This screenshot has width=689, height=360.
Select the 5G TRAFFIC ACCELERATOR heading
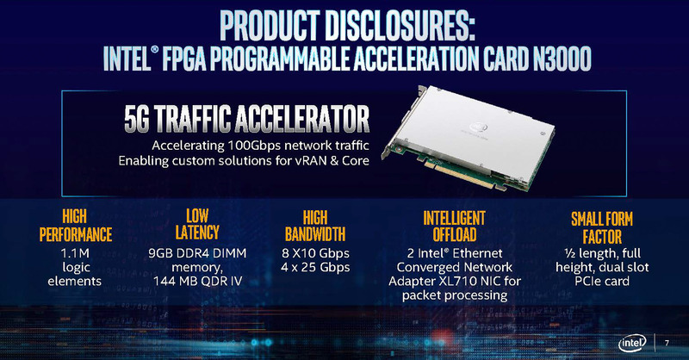pos(244,118)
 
